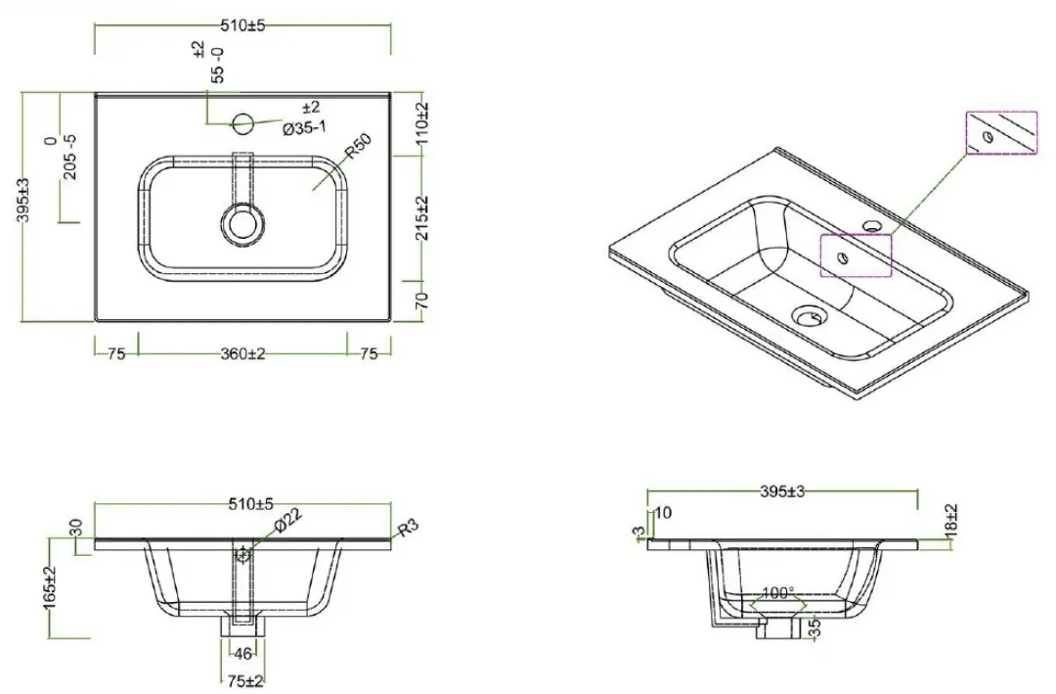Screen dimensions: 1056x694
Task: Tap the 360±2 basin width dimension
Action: click(x=242, y=353)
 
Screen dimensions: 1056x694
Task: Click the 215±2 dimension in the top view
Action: click(x=420, y=218)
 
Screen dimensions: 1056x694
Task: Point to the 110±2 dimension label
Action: click(x=420, y=125)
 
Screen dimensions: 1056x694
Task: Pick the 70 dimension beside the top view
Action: click(x=421, y=301)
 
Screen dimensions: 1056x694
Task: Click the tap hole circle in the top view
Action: click(x=242, y=123)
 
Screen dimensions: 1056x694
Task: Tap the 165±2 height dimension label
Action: click(x=52, y=587)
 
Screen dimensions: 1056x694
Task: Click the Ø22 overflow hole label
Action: click(x=287, y=521)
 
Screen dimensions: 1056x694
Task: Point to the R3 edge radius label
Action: click(x=408, y=528)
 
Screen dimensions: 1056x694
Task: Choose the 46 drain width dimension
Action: click(x=242, y=653)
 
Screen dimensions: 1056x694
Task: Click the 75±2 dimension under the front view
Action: click(x=245, y=681)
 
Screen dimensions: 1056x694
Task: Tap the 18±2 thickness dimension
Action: click(x=951, y=520)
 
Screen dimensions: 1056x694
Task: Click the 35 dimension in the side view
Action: click(x=814, y=628)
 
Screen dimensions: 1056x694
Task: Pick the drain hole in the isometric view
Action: click(x=809, y=315)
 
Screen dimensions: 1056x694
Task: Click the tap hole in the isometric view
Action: click(x=873, y=224)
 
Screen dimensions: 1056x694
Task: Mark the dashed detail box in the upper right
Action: click(x=1001, y=133)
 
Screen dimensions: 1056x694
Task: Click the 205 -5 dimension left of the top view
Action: click(x=70, y=158)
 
